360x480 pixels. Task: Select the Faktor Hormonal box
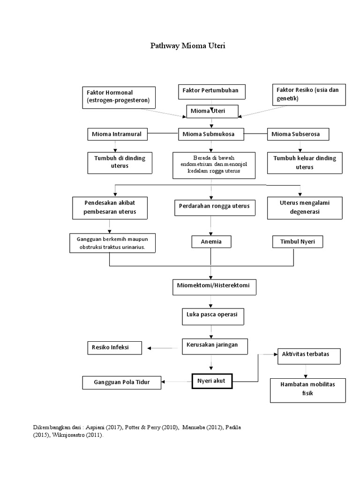pos(119,97)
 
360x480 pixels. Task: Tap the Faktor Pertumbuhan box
pos(211,91)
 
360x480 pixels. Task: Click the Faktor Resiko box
pos(309,94)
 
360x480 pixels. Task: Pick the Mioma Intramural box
pos(117,134)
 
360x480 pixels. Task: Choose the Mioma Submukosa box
pos(212,134)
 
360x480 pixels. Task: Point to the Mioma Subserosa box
pos(298,134)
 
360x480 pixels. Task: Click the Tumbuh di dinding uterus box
pos(120,162)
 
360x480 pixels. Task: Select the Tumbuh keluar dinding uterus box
pos(305,162)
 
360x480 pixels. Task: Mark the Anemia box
pos(210,242)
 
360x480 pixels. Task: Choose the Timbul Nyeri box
pos(298,242)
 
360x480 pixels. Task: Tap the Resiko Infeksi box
pos(114,348)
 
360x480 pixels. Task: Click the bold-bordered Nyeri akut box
pos(211,382)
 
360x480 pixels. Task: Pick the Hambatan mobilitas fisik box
pos(308,389)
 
